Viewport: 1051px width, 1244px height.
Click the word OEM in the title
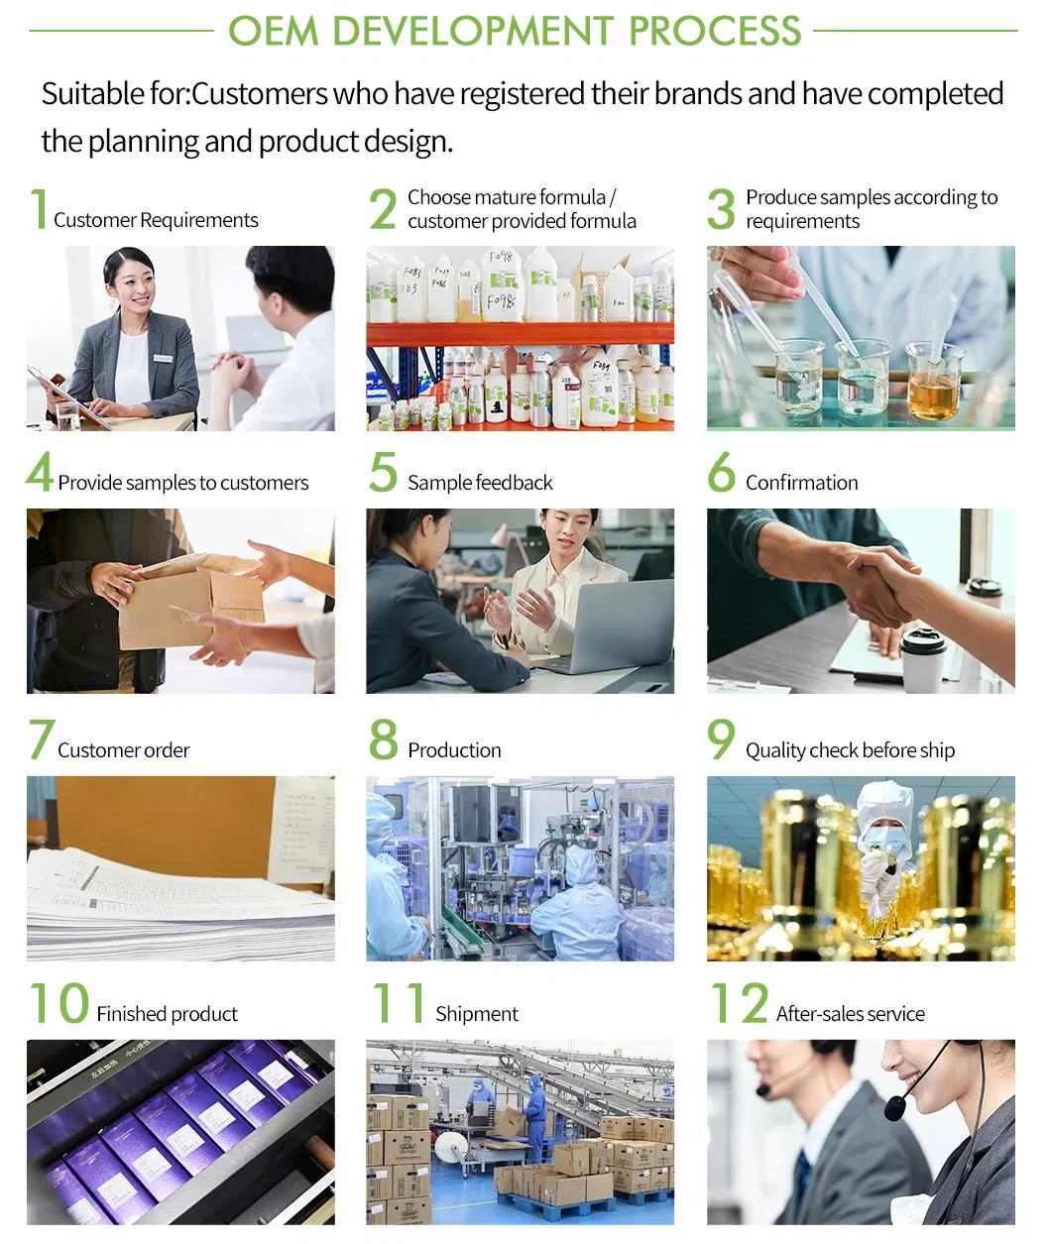[x=274, y=31]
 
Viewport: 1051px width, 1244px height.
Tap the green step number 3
[x=721, y=208]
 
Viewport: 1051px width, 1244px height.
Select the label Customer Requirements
[x=156, y=220]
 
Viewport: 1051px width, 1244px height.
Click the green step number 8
[x=383, y=739]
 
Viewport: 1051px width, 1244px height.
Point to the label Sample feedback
[x=480, y=483]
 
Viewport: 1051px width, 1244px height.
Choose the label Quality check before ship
[x=850, y=750]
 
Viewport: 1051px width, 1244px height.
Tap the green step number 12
[x=740, y=1003]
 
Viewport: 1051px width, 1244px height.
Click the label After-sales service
[x=850, y=1014]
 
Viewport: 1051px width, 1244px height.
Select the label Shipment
[x=476, y=1014]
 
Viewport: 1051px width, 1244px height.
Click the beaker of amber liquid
[x=933, y=387]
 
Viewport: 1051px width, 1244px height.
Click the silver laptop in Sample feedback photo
[x=621, y=624]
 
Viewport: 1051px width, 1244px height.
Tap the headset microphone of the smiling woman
[x=895, y=1106]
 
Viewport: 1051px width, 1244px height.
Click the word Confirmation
[x=801, y=483]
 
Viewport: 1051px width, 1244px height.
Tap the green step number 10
[x=59, y=1003]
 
